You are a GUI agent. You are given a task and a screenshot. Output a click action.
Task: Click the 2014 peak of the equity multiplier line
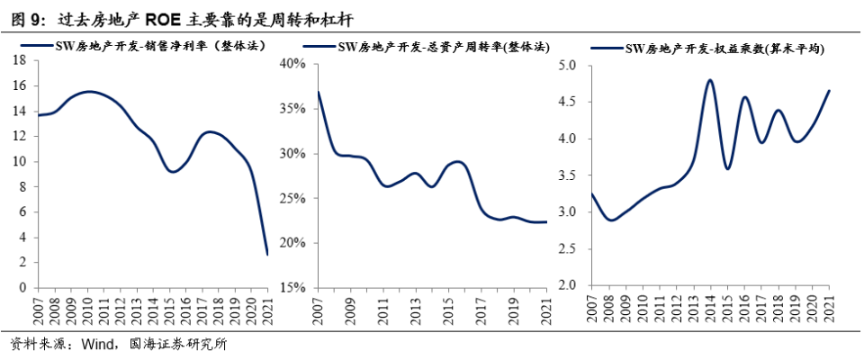(710, 80)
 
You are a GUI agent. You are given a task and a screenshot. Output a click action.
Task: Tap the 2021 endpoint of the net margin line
(267, 255)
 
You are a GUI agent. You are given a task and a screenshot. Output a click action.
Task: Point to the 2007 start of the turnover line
(319, 92)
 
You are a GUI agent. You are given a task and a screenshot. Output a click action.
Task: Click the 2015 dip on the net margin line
(172, 172)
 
